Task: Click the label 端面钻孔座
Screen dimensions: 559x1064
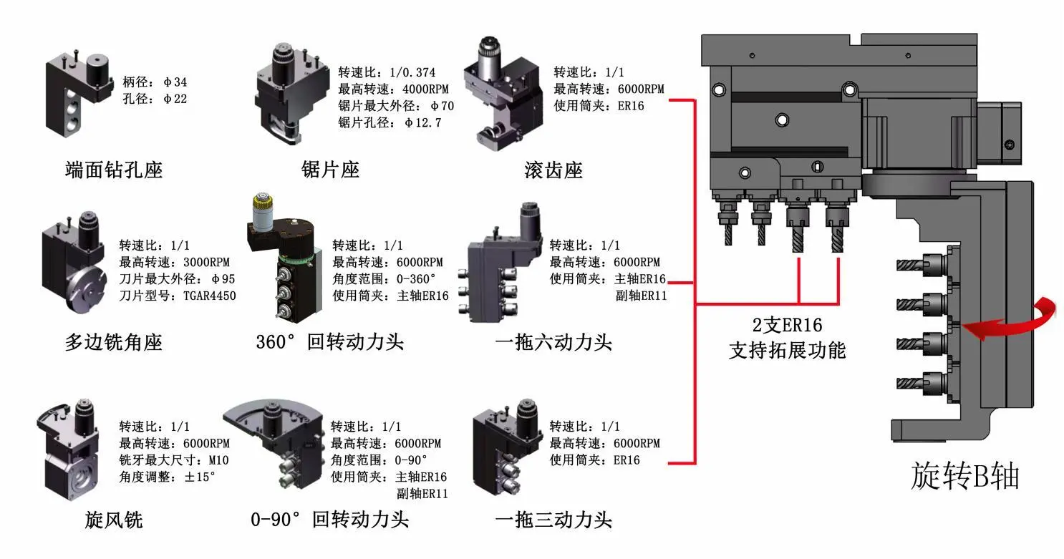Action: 114,170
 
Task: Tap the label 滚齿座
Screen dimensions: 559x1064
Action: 553,170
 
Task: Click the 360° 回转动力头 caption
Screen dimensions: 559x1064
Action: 330,342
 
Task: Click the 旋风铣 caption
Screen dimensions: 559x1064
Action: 114,519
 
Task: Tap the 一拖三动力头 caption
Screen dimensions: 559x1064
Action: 553,519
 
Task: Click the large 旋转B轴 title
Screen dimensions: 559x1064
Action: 964,476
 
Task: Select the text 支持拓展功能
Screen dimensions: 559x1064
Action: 787,350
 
